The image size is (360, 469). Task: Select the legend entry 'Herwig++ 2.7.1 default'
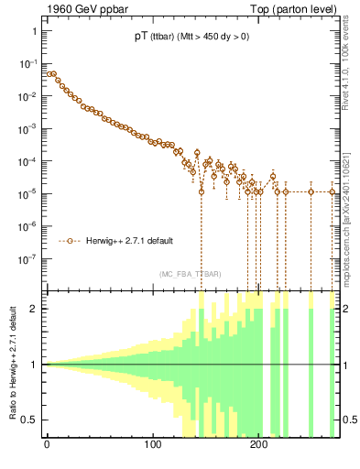pos(128,241)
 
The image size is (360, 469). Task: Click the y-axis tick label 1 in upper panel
pos(35,32)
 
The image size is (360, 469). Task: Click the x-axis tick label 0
pos(47,446)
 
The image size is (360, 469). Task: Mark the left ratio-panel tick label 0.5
pos(32,420)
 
